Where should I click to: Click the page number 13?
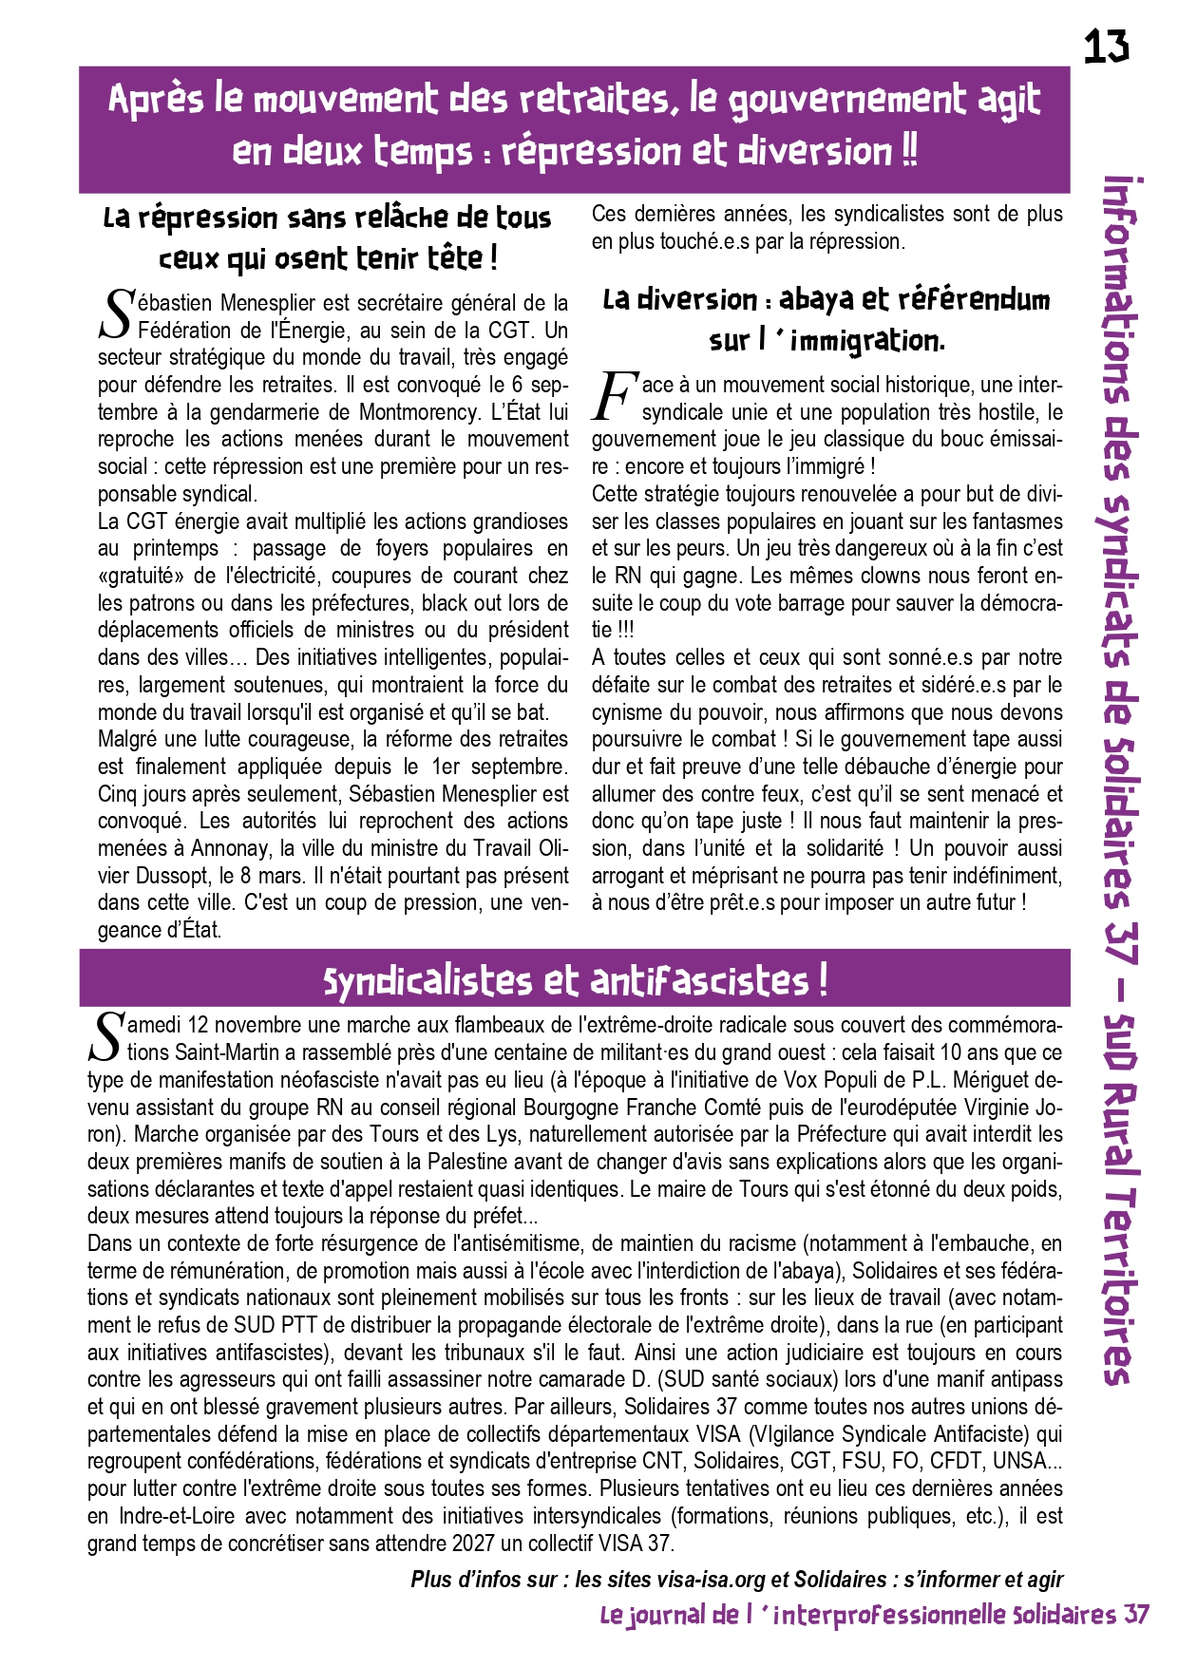(x=1107, y=46)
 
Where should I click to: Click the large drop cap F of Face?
(x=614, y=397)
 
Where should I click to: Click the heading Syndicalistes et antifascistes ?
(x=575, y=980)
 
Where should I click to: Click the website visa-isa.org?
(x=711, y=1580)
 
